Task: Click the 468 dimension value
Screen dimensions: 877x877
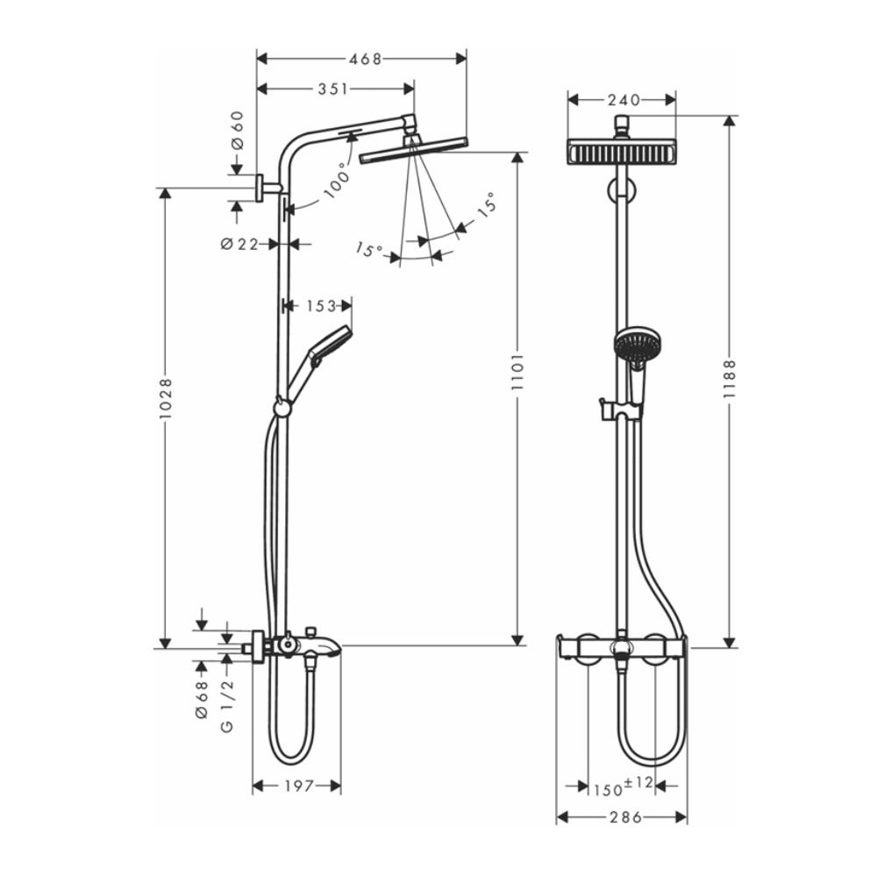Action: point(365,59)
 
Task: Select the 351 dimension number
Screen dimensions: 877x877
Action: point(333,88)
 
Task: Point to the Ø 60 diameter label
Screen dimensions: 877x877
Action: point(237,132)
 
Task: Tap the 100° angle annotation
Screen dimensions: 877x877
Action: point(336,182)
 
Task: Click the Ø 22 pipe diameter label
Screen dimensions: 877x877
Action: point(239,244)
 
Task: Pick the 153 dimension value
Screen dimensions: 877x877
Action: point(321,305)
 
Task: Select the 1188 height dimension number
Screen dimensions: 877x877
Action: point(729,380)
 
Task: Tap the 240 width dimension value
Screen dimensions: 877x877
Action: point(624,99)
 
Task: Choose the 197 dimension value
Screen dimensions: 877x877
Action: point(298,786)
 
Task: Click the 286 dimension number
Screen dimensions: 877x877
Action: point(624,817)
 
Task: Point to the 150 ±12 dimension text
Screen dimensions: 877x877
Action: point(622,786)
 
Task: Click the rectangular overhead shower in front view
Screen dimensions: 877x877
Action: point(623,153)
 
